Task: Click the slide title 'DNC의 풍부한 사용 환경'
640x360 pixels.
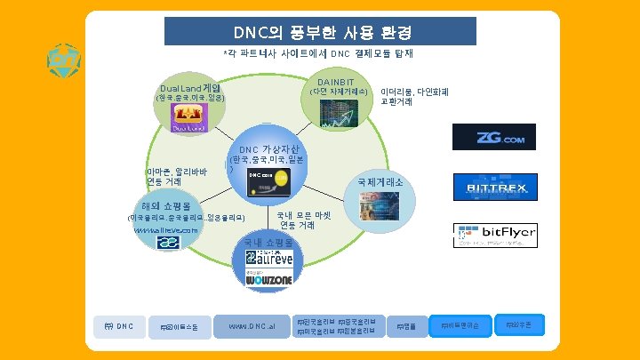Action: point(320,33)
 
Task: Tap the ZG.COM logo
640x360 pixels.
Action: point(494,137)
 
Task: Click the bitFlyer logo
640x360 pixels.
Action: point(496,236)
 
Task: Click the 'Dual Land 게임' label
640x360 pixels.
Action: point(190,89)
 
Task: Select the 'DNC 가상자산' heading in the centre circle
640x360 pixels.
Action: point(269,148)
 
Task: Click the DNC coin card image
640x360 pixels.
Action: point(268,179)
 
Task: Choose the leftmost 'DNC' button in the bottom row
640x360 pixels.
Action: point(118,325)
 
